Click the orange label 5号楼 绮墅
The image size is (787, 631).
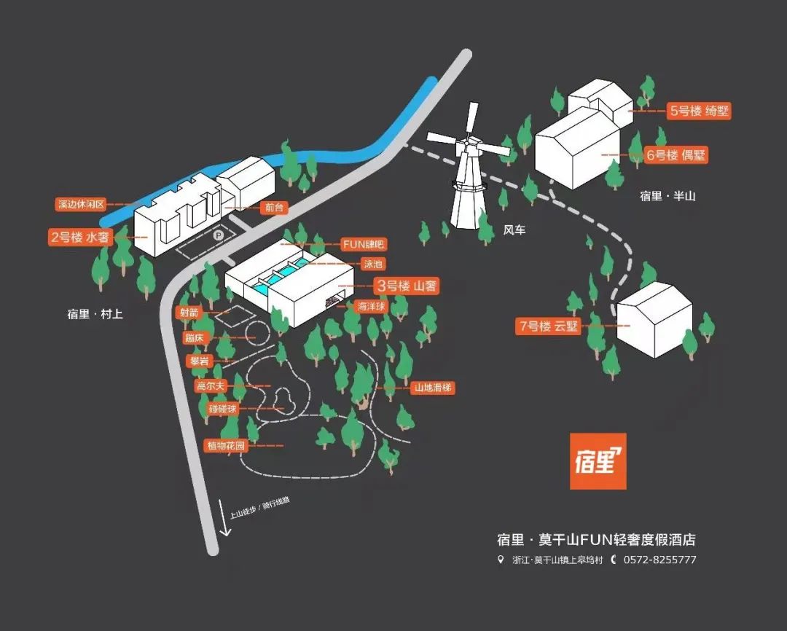point(699,111)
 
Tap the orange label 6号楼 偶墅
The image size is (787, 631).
point(677,154)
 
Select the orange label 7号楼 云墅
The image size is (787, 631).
point(549,326)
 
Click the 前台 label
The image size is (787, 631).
point(273,208)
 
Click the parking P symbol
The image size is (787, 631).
point(217,235)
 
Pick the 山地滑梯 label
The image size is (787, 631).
point(434,388)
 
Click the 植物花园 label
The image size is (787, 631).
point(226,445)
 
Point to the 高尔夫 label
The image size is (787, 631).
point(211,385)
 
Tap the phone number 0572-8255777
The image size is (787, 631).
point(659,560)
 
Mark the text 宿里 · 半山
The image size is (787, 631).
point(667,196)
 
